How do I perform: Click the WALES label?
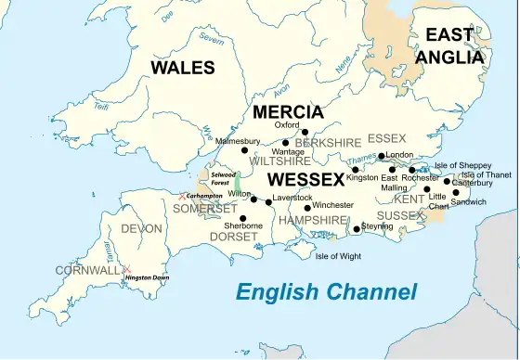pos(183,68)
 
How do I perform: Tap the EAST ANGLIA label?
pos(454,45)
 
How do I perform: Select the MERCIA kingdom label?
pos(288,112)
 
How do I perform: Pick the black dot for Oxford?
pos(305,133)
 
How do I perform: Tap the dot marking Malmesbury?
pos(245,150)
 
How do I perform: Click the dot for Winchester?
pos(307,207)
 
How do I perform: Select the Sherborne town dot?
pos(243,218)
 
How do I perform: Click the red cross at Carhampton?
pos(182,197)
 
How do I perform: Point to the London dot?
pos(382,156)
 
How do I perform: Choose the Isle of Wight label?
pos(338,256)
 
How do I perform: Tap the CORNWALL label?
pos(87,270)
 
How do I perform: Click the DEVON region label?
pos(141,228)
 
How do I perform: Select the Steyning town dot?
pos(357,229)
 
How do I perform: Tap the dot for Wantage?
pos(285,143)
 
